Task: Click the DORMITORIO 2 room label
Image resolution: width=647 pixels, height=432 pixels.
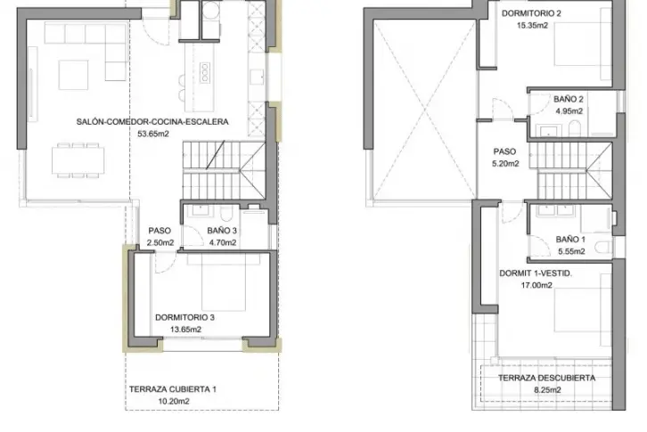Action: pos(531,13)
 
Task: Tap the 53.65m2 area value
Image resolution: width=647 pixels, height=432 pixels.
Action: pos(153,134)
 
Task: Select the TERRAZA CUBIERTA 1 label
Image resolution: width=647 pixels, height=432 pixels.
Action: pos(173,389)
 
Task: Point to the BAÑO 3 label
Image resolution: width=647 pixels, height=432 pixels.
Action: pos(222,231)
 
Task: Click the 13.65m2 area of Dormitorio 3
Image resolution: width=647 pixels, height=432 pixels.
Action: pos(185,330)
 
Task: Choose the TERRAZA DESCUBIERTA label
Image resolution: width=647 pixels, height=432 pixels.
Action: pos(546,378)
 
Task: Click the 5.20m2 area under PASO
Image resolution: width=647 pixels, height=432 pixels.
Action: pos(505,164)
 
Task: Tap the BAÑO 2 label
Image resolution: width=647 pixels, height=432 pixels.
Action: pos(569,99)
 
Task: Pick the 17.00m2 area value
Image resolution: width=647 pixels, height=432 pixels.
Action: pos(536,285)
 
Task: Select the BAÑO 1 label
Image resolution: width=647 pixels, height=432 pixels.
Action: pos(570,240)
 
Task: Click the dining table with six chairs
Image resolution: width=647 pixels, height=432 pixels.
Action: pos(78,160)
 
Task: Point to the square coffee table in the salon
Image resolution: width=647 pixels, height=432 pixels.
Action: pos(73,75)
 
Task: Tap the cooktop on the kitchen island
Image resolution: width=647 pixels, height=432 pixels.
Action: pos(205,72)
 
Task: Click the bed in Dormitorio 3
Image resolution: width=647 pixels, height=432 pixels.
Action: pos(224,282)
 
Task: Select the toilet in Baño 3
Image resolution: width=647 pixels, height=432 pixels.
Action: pos(226,214)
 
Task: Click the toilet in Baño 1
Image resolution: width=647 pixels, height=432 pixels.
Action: pos(603,247)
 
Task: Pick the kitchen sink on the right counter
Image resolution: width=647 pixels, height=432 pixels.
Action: pos(257,77)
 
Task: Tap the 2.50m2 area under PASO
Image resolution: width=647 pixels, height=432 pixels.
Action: pos(160,242)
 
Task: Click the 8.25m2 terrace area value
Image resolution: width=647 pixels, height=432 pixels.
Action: pos(547,390)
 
